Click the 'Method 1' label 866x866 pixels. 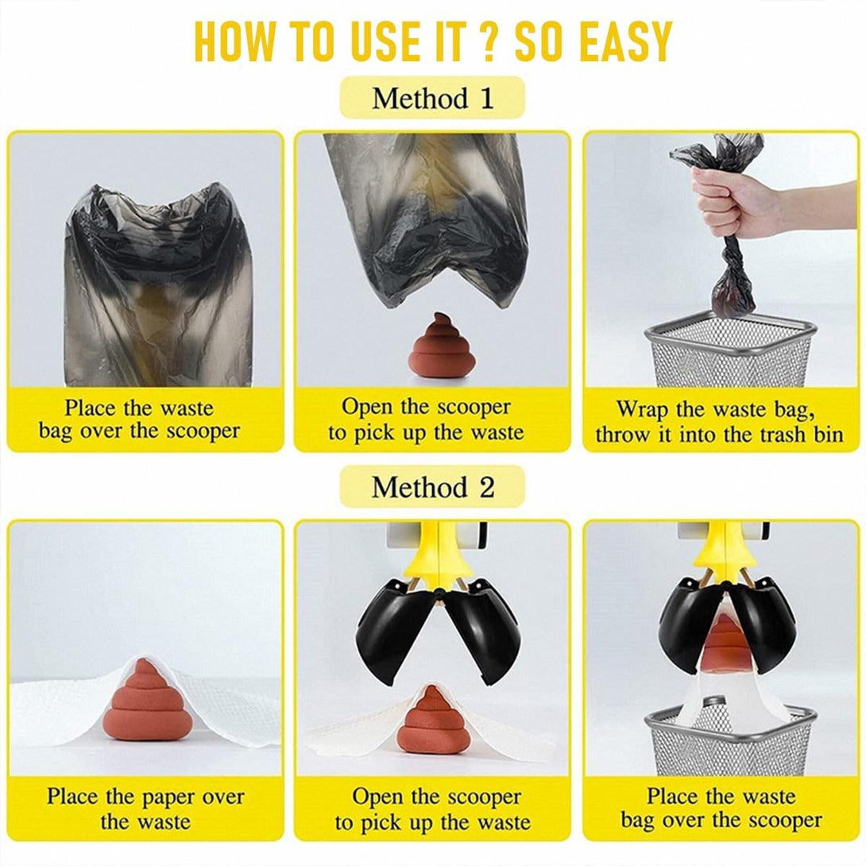(x=432, y=99)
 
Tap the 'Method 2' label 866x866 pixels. (x=432, y=486)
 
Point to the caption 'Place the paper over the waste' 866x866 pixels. (x=145, y=809)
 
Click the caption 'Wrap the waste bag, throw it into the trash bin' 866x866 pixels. (x=719, y=422)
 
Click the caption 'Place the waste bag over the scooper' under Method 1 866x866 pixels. (x=139, y=419)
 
